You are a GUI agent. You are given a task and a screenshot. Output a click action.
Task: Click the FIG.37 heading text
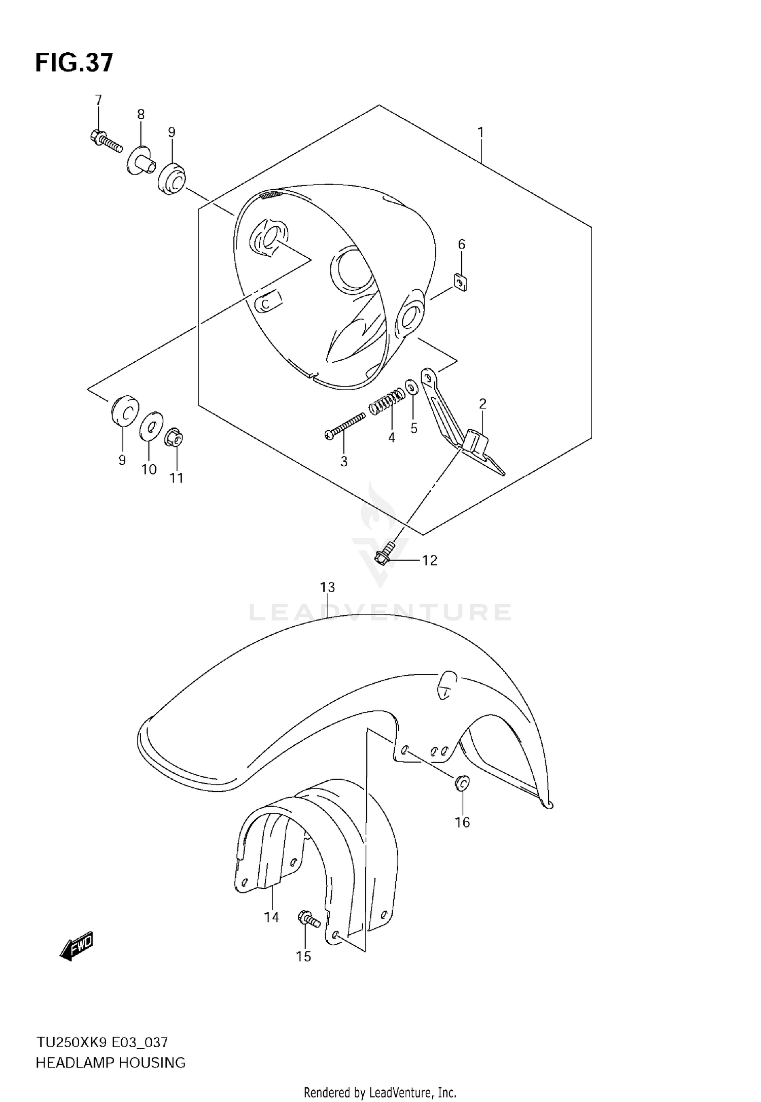coord(74,63)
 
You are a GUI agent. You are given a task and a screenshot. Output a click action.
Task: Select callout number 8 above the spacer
coord(141,114)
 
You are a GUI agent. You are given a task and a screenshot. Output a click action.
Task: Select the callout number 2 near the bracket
coord(482,404)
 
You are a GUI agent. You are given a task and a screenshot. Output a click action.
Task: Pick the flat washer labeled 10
coord(151,425)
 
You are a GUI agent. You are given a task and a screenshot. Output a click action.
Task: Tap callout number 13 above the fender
coord(327,587)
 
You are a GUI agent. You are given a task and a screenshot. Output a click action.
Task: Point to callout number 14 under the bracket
coord(271,917)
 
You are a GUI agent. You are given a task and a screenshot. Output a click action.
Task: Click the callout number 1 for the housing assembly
coord(480,132)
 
